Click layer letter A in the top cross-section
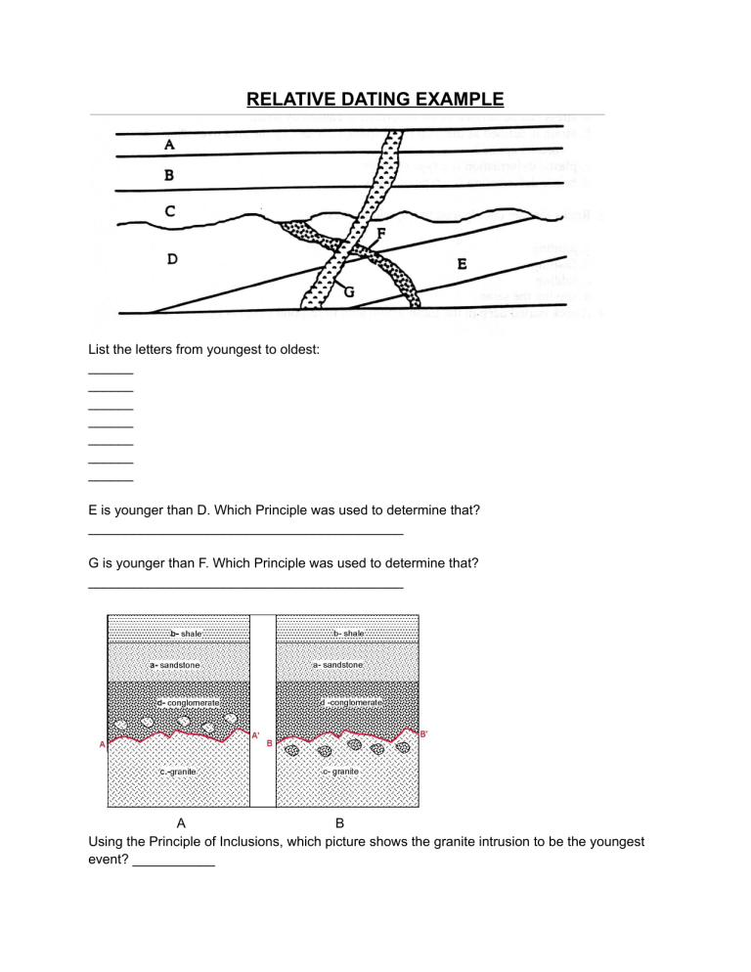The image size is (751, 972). click(x=169, y=145)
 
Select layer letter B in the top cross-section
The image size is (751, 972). click(x=169, y=176)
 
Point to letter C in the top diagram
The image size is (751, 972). click(x=170, y=210)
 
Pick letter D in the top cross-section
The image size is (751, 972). click(x=172, y=259)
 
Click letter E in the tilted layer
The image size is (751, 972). click(x=462, y=263)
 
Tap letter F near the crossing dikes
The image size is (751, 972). click(x=382, y=233)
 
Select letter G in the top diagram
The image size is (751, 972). click(x=347, y=290)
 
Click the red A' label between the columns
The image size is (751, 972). click(x=255, y=734)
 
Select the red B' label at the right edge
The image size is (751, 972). click(x=423, y=734)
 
